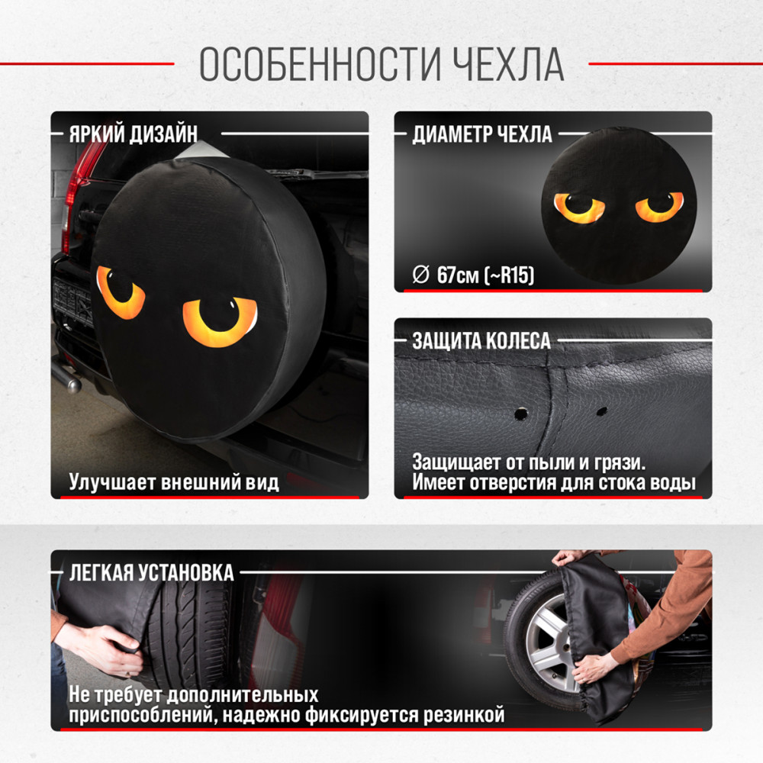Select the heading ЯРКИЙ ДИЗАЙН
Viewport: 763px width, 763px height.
click(x=134, y=134)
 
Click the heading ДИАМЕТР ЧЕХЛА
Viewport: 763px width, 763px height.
click(x=482, y=134)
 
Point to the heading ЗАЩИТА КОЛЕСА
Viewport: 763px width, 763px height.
click(x=481, y=340)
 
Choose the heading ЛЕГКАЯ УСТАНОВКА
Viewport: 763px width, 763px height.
click(x=151, y=573)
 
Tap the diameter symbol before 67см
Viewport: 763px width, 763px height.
click(x=421, y=275)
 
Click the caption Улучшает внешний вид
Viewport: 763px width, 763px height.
click(x=174, y=481)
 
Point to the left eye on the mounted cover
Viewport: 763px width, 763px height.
click(x=121, y=292)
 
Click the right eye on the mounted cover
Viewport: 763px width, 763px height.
click(x=220, y=321)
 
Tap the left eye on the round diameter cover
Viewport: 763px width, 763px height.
click(x=579, y=208)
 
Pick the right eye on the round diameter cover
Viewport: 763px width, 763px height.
click(x=660, y=206)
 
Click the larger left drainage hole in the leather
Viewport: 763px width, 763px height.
click(x=521, y=414)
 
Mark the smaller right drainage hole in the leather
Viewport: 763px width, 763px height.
click(x=602, y=410)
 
